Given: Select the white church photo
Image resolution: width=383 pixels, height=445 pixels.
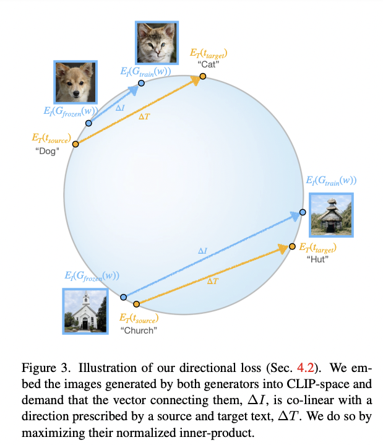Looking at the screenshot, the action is pos(85,311).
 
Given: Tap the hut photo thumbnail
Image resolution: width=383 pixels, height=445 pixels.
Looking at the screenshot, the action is pos(331,215).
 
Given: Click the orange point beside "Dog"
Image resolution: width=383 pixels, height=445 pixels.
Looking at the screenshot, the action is pos(75,144).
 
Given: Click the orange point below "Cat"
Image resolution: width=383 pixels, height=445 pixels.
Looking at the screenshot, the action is pos(203,77).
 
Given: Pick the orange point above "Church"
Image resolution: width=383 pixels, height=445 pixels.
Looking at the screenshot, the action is pos(136,303).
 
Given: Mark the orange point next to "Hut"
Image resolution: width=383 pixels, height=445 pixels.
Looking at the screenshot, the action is pos(293,248).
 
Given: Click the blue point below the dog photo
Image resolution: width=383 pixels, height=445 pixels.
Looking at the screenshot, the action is pos(89,124).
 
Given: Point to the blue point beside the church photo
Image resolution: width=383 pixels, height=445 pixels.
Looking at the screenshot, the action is pos(123,298).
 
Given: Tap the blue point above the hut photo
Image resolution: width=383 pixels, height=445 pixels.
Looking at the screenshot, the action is pos(303,212).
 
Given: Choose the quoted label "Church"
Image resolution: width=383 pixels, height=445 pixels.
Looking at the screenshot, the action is pos(139,331).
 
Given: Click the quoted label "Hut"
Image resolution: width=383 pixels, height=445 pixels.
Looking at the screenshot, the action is pos(316,259).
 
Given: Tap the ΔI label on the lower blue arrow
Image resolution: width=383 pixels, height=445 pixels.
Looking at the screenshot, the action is pos(202,251).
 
